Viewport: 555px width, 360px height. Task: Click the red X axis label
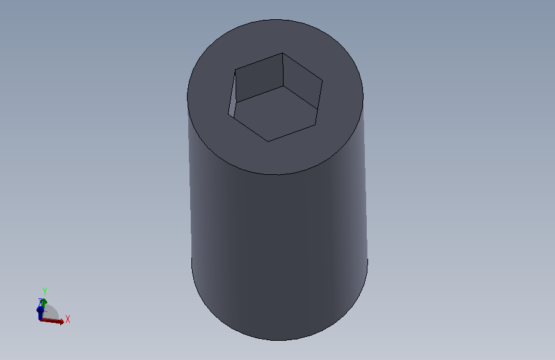click(68, 319)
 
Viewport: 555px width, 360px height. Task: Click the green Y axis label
click(45, 291)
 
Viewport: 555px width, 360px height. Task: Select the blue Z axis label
click(40, 302)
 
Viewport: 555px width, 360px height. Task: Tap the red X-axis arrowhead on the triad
click(61, 322)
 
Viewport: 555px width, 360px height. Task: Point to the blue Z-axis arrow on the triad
click(40, 313)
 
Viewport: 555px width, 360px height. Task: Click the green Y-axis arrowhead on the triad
click(44, 302)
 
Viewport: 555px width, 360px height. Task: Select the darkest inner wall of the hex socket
click(259, 78)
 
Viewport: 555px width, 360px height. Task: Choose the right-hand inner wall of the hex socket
click(302, 81)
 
